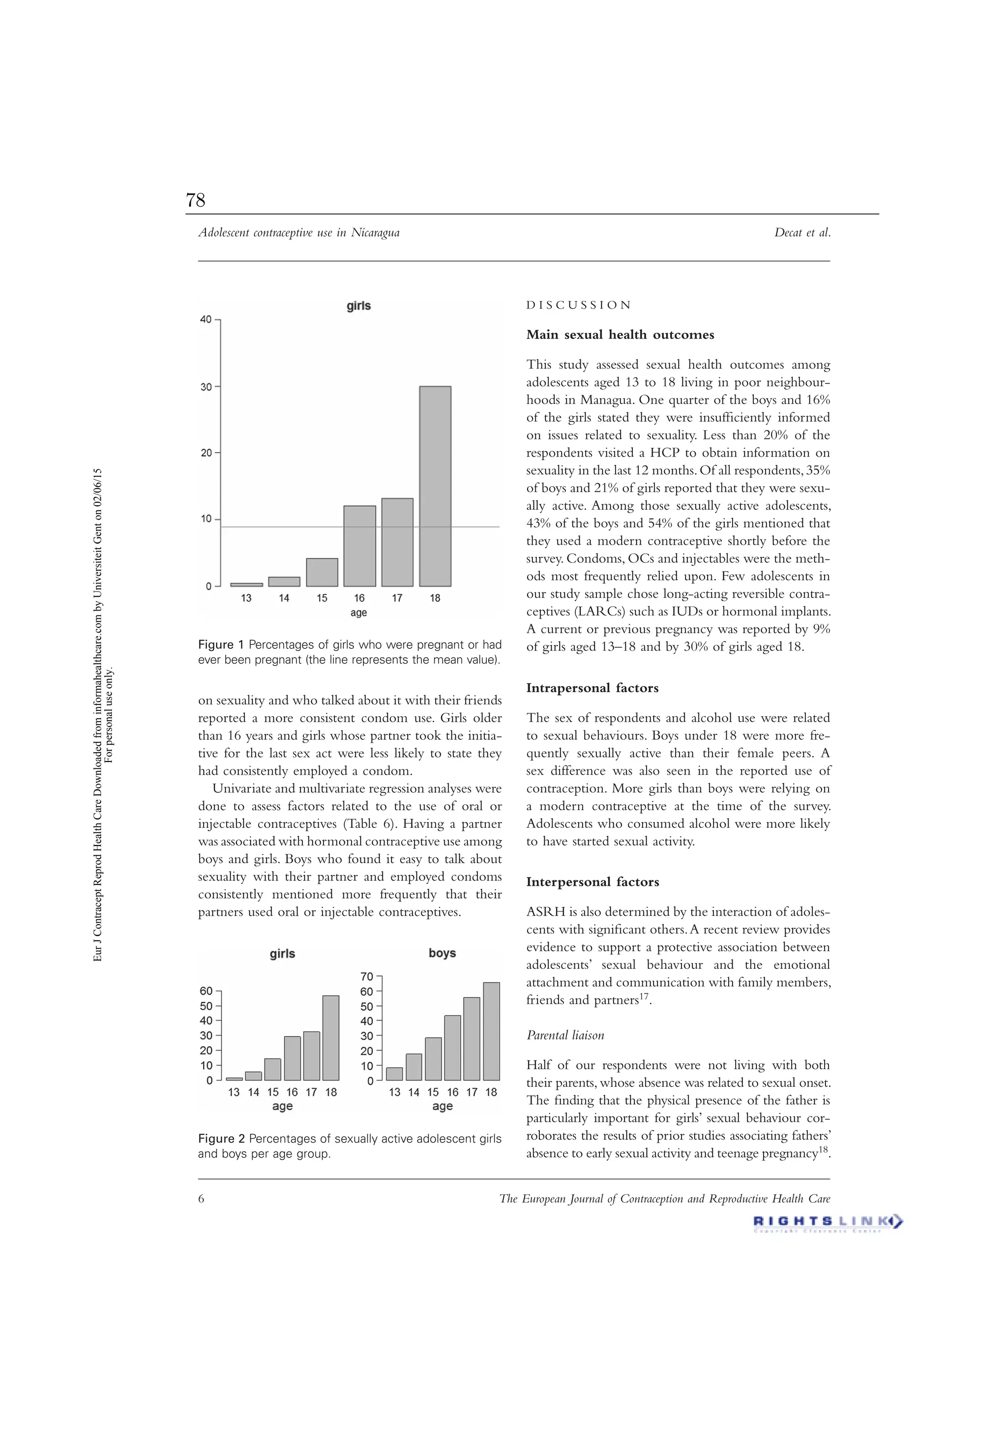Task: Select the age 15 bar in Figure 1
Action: pos(322,572)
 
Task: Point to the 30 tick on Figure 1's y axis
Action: pos(206,387)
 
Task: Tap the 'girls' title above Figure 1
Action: pos(358,306)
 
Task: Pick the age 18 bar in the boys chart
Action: pos(491,1031)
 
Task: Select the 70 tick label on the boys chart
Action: pos(366,977)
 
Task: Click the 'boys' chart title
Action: pos(442,953)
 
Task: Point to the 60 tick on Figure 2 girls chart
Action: pos(206,991)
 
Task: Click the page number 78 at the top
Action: pos(196,200)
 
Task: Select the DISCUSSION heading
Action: pos(578,305)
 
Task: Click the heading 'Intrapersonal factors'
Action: pos(592,688)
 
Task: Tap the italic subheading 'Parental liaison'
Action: pos(565,1035)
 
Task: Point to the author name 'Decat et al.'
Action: pos(802,233)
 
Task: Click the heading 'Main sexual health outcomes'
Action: pos(620,334)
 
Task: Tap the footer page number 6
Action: pos(201,1199)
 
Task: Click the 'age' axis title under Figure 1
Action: pos(358,613)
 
